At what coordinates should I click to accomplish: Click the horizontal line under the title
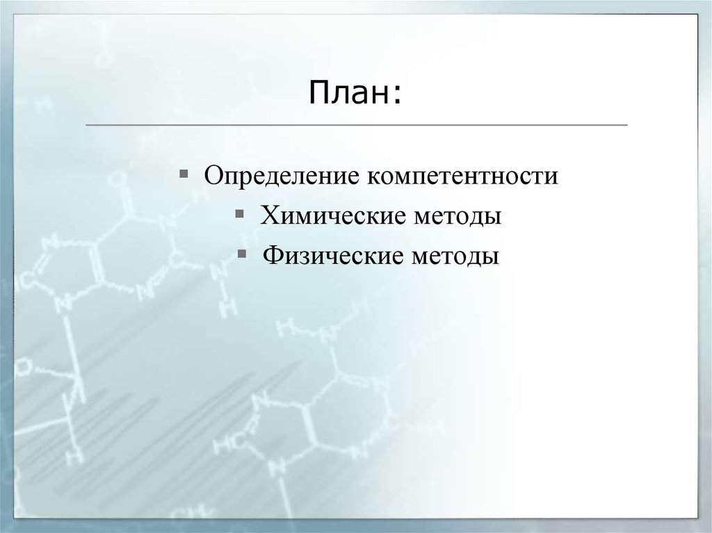point(355,125)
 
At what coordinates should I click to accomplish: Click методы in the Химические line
point(459,215)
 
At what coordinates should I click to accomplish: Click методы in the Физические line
point(458,256)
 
